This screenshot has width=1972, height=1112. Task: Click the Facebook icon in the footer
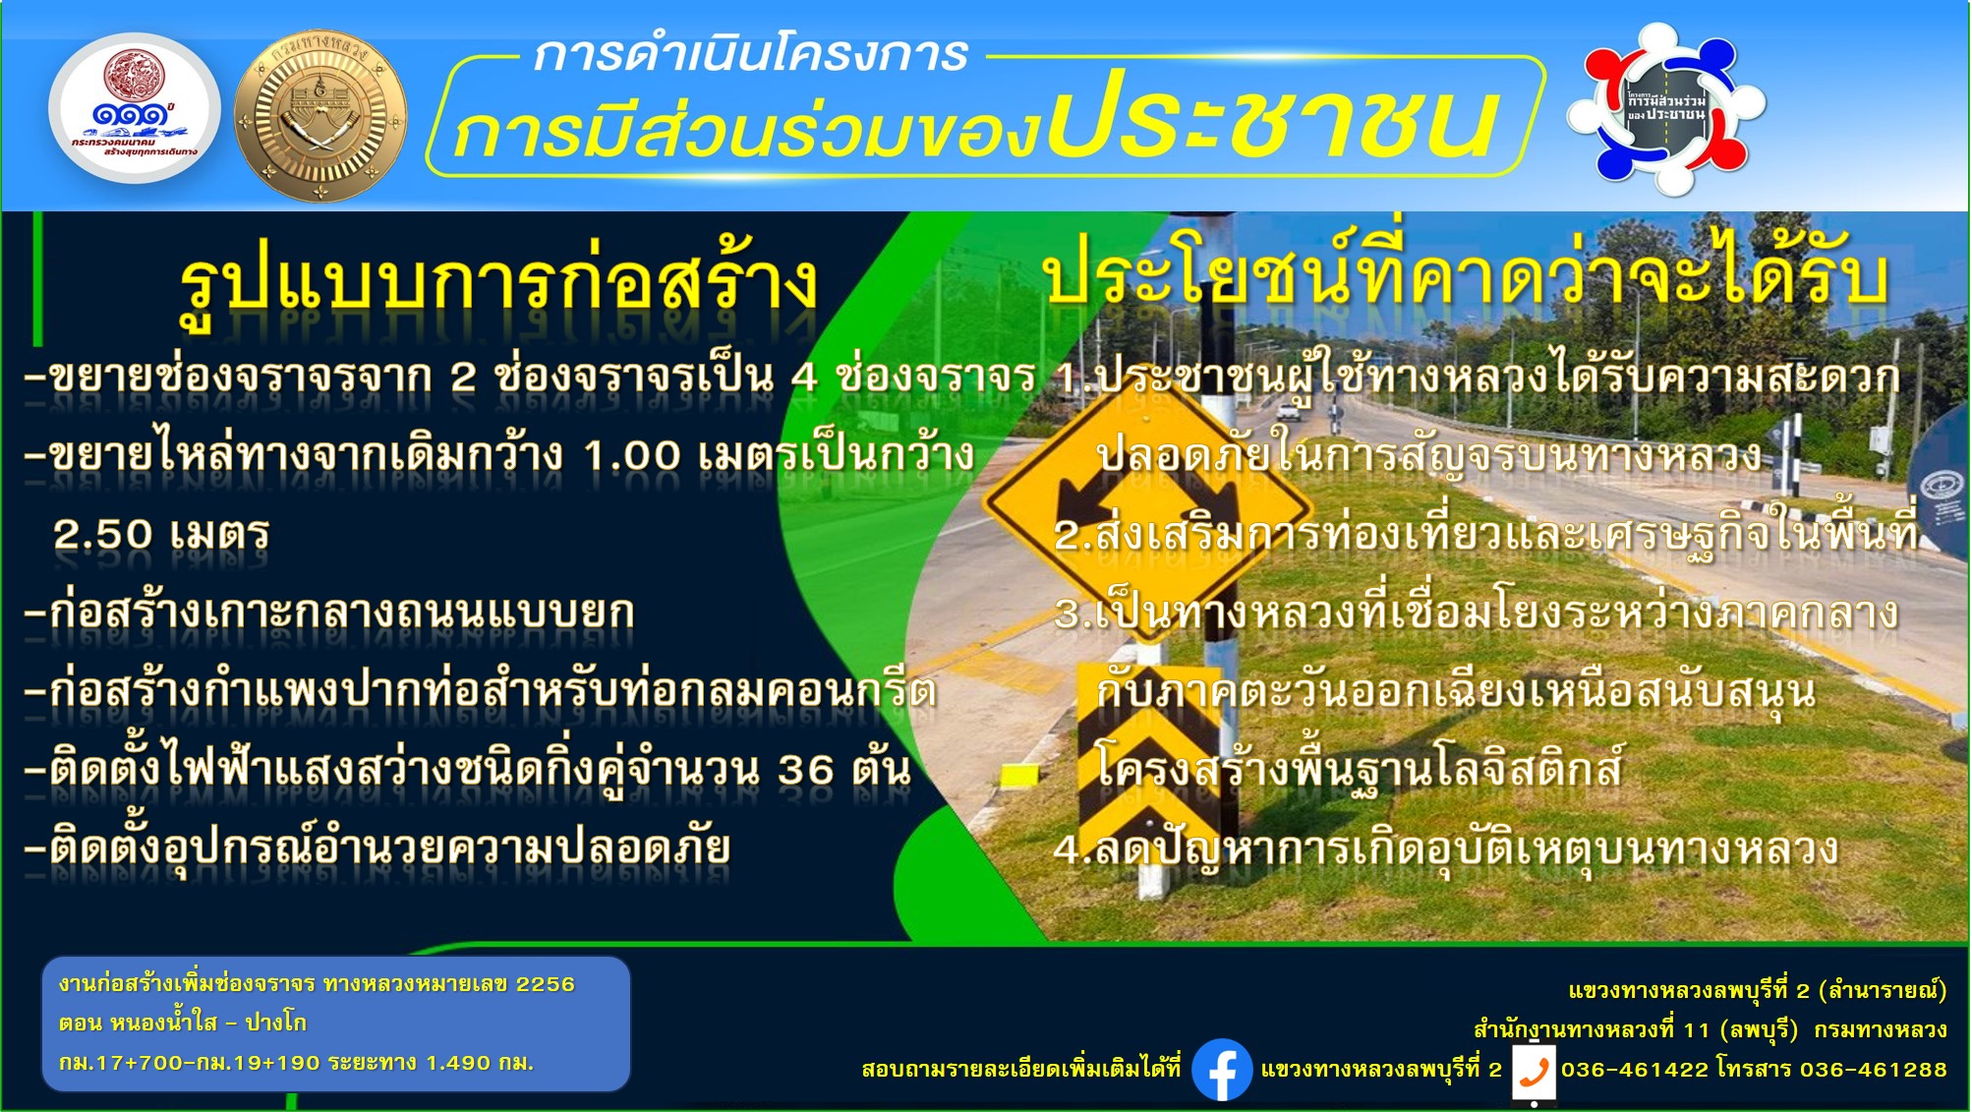coord(1222,1069)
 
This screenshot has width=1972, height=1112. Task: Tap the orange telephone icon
coord(1534,1072)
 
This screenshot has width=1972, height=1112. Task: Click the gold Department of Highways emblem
coord(320,116)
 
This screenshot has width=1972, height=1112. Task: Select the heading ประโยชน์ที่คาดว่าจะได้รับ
coord(1465,270)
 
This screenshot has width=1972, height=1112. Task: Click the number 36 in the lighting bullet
coord(806,770)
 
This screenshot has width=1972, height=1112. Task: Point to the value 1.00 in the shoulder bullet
coord(632,455)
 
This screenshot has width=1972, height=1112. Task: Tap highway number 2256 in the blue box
coord(546,984)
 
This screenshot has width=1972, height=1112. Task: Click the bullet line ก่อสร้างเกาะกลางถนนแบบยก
coord(330,613)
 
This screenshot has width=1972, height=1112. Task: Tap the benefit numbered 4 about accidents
coord(1446,848)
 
